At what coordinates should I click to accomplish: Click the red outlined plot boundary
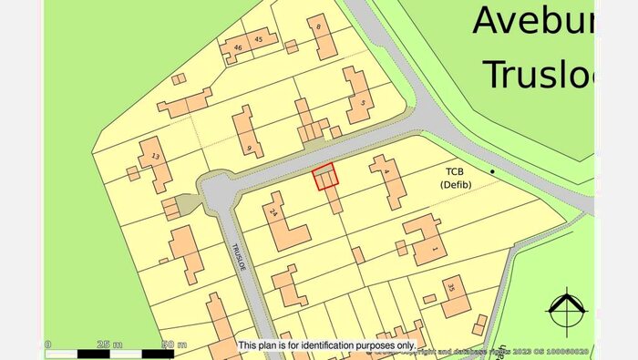325,177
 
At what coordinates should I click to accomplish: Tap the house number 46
238,46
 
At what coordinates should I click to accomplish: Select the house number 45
259,39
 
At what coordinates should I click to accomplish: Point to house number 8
320,28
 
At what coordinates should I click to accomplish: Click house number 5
362,103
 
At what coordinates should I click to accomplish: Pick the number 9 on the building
249,147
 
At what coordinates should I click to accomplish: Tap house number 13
156,157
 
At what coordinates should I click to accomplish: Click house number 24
273,213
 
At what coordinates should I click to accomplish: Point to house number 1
434,249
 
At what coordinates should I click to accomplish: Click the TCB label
455,171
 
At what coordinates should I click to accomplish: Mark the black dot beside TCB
493,171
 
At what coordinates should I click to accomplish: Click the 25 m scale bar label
111,345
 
